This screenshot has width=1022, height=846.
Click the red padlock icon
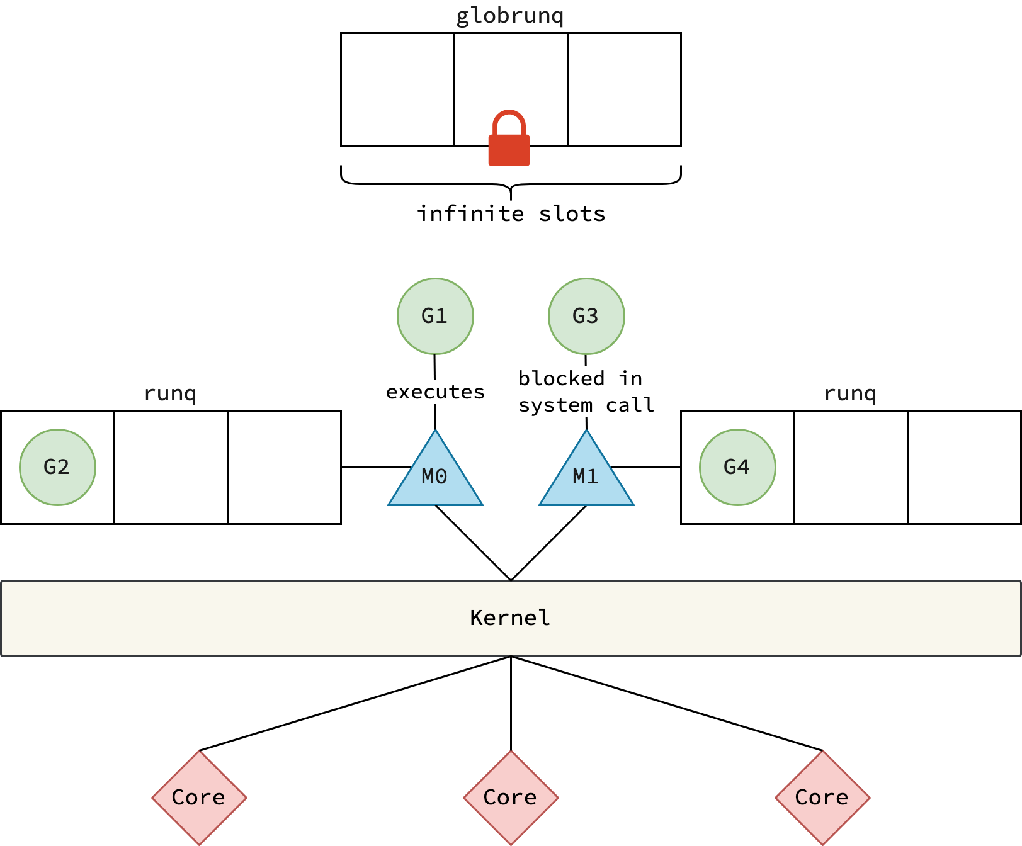(509, 140)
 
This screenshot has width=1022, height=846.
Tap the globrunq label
(510, 16)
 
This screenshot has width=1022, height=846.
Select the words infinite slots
(511, 214)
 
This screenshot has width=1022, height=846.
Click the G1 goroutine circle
(435, 316)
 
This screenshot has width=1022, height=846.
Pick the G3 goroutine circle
(586, 316)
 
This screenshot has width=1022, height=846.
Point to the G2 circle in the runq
(57, 467)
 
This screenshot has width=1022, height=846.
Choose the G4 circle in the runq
(737, 467)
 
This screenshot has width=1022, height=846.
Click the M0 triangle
(435, 477)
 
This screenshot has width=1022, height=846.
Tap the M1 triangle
(586, 477)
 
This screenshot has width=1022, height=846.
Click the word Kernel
(510, 618)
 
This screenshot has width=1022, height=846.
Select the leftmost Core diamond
(199, 798)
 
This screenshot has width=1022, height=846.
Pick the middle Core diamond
(511, 798)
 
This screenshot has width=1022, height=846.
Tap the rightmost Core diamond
(822, 798)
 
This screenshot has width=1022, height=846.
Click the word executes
(435, 392)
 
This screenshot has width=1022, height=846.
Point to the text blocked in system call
(586, 392)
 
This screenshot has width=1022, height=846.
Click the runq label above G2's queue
(170, 393)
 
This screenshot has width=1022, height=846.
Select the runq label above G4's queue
(850, 393)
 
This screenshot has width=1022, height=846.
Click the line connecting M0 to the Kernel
(473, 543)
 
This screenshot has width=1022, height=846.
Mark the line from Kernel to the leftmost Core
(355, 704)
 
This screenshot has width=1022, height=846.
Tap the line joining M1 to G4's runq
(645, 467)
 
